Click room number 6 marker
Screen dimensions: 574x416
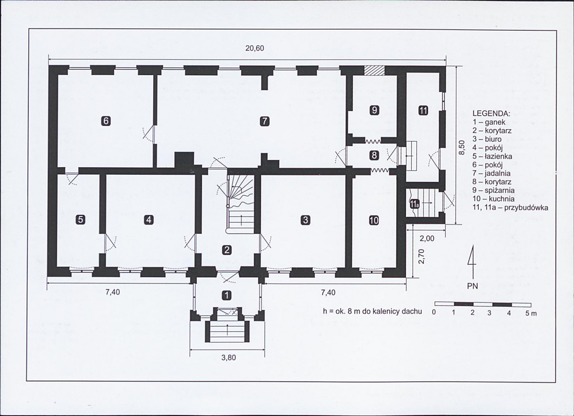point(106,121)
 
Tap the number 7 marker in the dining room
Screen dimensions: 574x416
point(265,121)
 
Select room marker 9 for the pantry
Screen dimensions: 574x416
point(374,110)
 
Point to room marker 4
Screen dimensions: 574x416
point(148,220)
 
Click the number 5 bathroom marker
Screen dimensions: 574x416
point(80,220)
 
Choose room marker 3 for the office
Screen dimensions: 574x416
point(305,220)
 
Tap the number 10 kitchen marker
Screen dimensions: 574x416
point(374,220)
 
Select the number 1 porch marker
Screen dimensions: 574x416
point(227,295)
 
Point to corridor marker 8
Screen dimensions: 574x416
point(374,156)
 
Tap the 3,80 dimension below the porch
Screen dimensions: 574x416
point(229,358)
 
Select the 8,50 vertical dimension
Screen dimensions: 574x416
point(461,147)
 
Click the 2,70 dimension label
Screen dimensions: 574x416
point(421,256)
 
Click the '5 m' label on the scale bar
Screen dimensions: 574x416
point(531,314)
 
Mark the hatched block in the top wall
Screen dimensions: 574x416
point(373,70)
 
